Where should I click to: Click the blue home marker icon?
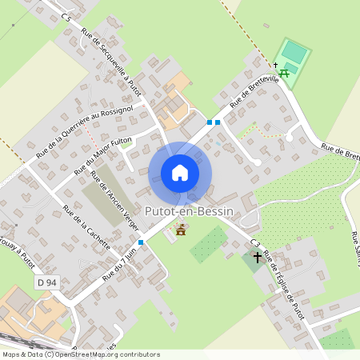point(180,173)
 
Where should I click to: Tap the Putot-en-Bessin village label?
point(189,211)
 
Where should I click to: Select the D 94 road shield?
point(48,282)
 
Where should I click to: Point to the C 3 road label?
point(255,242)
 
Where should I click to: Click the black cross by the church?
point(257,258)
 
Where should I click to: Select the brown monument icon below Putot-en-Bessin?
point(181,230)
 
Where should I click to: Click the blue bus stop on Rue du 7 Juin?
point(141,242)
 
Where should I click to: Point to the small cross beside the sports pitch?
point(274,65)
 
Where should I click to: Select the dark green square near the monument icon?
point(207,244)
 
